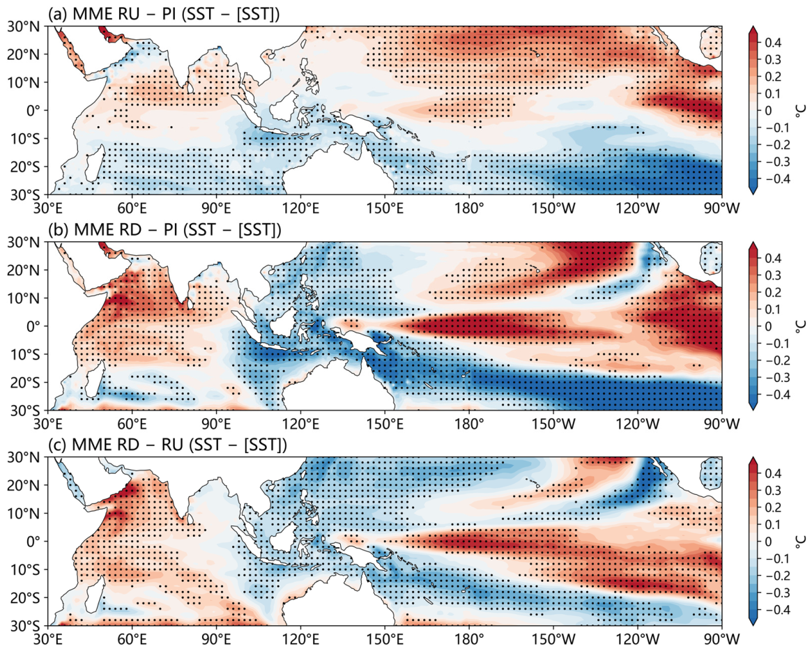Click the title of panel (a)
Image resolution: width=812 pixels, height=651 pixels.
coord(164,14)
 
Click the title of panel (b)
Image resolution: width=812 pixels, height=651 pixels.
coord(164,229)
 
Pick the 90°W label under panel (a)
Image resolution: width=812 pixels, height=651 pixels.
coord(721,208)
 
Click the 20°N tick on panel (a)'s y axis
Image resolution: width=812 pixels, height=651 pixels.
coord(25,54)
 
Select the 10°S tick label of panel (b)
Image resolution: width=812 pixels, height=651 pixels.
coord(26,354)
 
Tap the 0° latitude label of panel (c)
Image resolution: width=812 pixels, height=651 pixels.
coord(36,541)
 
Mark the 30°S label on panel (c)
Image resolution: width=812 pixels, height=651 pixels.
coord(26,626)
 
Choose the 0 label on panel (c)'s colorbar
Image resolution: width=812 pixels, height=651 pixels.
coord(767,541)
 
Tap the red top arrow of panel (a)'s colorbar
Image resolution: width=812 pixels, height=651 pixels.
coord(753,29)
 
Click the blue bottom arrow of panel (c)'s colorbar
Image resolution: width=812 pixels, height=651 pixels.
coord(753,622)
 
